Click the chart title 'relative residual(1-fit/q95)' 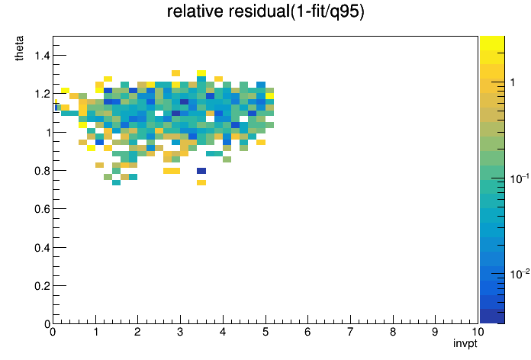point(265,11)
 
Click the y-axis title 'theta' point(19,48)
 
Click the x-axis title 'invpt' point(465,343)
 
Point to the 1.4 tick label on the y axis point(42,55)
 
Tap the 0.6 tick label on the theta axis point(42,209)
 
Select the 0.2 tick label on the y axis point(42,286)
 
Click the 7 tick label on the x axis point(350,332)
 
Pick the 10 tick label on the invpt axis point(478,332)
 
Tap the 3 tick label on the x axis point(180,332)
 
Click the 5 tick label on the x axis point(265,332)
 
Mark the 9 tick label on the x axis point(435,332)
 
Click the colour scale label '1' point(513,82)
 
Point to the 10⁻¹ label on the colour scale point(520,178)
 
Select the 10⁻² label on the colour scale point(520,274)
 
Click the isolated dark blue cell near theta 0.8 point(201,171)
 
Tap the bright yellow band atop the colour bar point(492,43)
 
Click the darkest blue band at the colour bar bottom point(492,317)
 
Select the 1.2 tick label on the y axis point(42,94)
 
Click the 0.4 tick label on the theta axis point(42,248)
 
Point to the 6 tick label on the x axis point(307,332)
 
